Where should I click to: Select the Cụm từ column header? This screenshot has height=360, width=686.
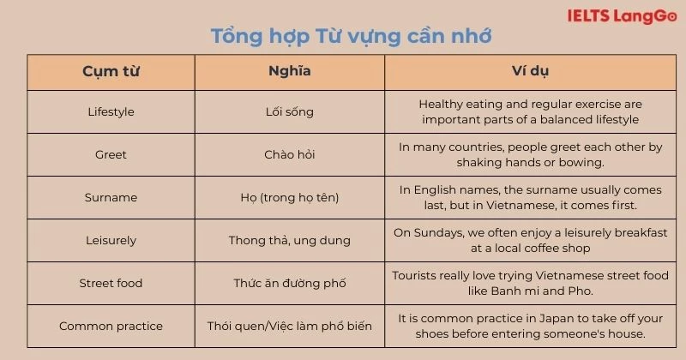[x=111, y=72]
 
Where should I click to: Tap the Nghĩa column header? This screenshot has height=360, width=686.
[x=289, y=72]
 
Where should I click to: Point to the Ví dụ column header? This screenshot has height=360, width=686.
[x=530, y=72]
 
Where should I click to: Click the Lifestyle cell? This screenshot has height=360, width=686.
[x=111, y=111]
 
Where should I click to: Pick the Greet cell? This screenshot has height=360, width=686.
[x=111, y=154]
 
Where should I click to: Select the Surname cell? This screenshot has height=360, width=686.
[x=111, y=197]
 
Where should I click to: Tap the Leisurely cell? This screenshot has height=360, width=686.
[x=111, y=240]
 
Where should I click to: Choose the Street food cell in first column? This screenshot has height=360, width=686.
[x=111, y=283]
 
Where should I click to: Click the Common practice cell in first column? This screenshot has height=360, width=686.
[x=111, y=326]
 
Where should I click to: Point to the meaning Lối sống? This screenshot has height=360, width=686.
[x=289, y=111]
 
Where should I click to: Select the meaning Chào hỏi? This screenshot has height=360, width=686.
[x=289, y=154]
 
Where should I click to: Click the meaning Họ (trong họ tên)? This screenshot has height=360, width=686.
[x=289, y=197]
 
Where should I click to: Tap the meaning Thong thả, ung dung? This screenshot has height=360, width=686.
[x=289, y=240]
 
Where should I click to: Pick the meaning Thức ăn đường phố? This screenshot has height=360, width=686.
[x=289, y=283]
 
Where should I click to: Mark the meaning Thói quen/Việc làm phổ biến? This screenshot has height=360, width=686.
[x=289, y=326]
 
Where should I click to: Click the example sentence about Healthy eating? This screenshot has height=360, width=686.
[x=530, y=111]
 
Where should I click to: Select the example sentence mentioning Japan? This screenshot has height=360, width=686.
[x=530, y=326]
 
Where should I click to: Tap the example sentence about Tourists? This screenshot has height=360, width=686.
[x=530, y=283]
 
